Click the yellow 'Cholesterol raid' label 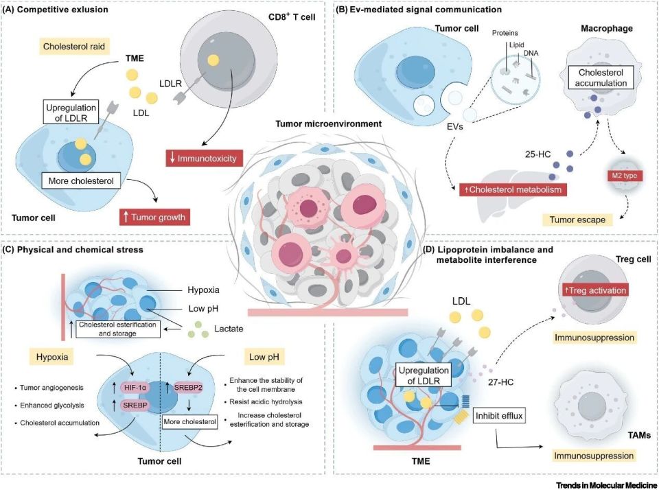[x=74, y=46]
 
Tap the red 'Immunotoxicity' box [x=204, y=159]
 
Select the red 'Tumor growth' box [x=154, y=217]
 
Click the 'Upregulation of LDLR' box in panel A [x=71, y=112]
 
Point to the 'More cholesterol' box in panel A [x=81, y=180]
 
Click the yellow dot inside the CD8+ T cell [x=213, y=60]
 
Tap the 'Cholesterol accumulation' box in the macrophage [x=601, y=78]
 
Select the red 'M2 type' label [x=624, y=175]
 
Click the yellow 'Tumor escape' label [x=577, y=220]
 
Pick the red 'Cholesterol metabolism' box [x=513, y=189]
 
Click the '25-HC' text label [x=537, y=154]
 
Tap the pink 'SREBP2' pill [x=188, y=388]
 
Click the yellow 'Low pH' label [x=264, y=357]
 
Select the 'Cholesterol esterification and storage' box [x=117, y=329]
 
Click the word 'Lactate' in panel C [x=228, y=329]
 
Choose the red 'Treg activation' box [x=595, y=290]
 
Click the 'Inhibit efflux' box [x=499, y=416]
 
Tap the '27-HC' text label [x=500, y=382]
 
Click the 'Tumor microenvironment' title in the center [x=328, y=124]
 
